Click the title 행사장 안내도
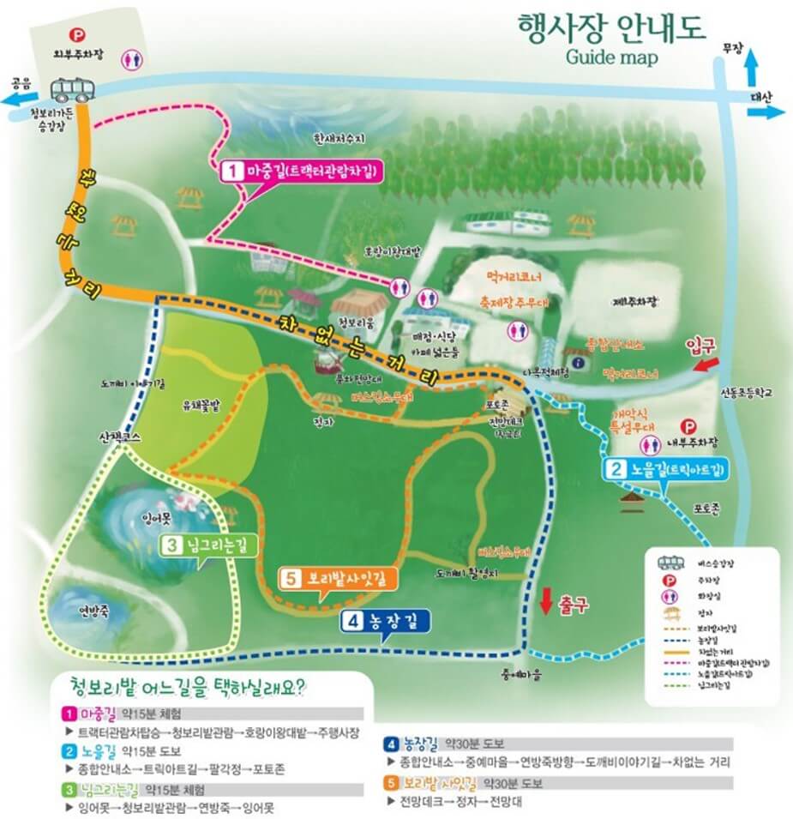[611, 28]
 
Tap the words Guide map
[611, 57]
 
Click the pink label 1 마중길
[302, 170]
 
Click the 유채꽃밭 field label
[201, 406]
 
